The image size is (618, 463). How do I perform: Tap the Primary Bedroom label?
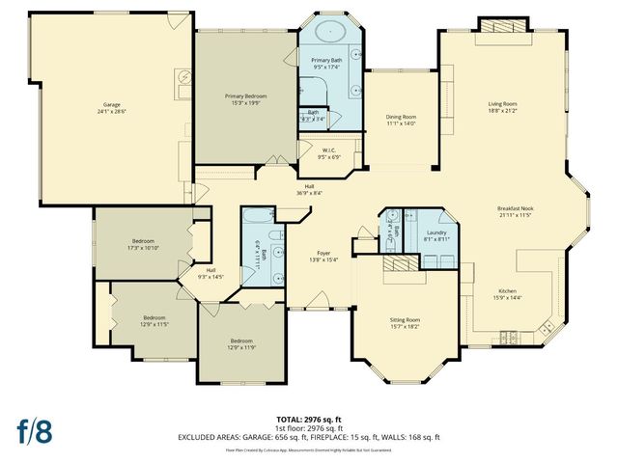coord(245,99)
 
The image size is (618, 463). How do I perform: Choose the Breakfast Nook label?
coord(516,211)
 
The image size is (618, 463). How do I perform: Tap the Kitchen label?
coord(509,293)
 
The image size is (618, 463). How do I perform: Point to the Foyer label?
coord(323,256)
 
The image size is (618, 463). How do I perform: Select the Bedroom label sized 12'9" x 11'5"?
coord(155,320)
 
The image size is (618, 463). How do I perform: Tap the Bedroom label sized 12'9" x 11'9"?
coord(241,344)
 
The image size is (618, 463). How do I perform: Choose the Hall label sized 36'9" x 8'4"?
coord(309,189)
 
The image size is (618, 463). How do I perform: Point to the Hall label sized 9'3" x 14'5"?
coord(210,273)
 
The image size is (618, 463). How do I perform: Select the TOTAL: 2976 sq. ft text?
coord(309,419)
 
